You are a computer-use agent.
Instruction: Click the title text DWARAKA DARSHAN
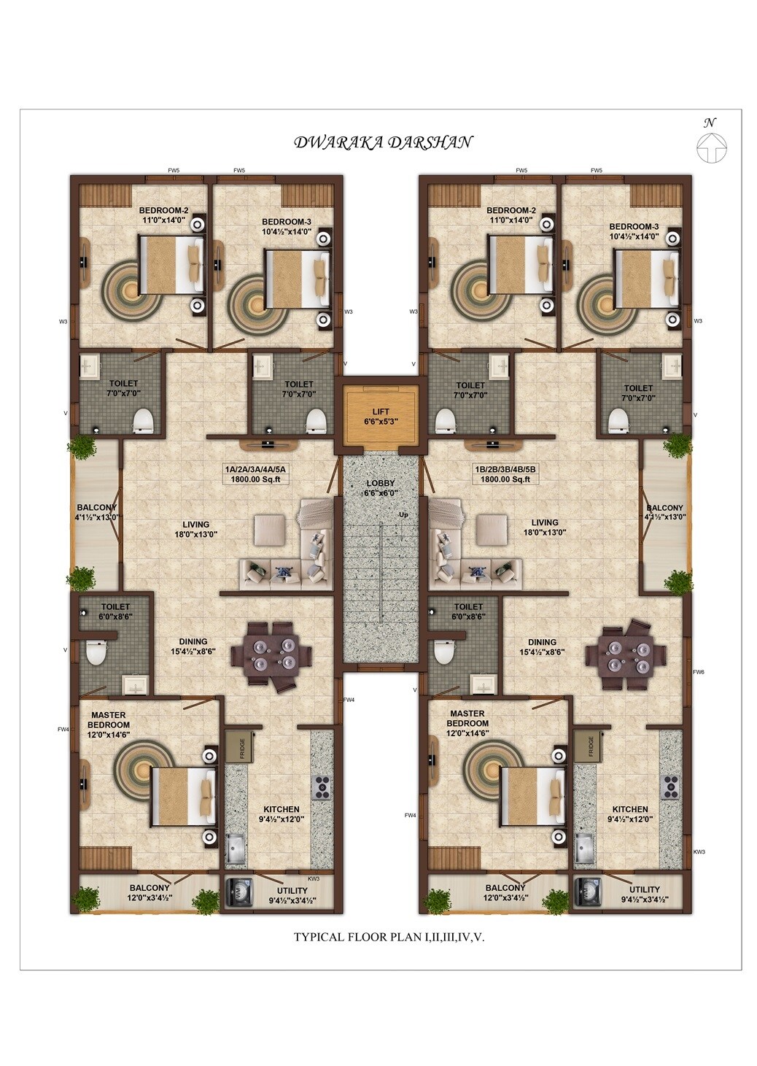pyautogui.click(x=383, y=142)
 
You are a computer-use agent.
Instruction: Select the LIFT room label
pyautogui.click(x=381, y=412)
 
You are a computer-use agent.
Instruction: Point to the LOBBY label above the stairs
pyautogui.click(x=381, y=483)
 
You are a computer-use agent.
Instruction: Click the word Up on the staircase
pyautogui.click(x=403, y=514)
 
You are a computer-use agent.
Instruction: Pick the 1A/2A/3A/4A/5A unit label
pyautogui.click(x=257, y=469)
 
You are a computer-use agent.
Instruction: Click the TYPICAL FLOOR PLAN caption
pyautogui.click(x=389, y=937)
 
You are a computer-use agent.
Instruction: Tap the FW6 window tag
pyautogui.click(x=698, y=671)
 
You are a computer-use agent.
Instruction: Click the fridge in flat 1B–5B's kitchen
pyautogui.click(x=590, y=746)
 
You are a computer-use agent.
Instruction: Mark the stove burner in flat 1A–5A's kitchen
pyautogui.click(x=321, y=786)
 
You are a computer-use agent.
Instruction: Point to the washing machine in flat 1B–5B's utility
pyautogui.click(x=586, y=892)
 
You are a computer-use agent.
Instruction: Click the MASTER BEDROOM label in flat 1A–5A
pyautogui.click(x=109, y=720)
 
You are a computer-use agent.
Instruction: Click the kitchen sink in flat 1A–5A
pyautogui.click(x=236, y=848)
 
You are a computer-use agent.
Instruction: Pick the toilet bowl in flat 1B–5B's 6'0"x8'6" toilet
pyautogui.click(x=443, y=652)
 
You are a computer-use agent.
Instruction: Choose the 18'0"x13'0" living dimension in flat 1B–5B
pyautogui.click(x=545, y=533)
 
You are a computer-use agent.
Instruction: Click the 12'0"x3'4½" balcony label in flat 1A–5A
pyautogui.click(x=150, y=898)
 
